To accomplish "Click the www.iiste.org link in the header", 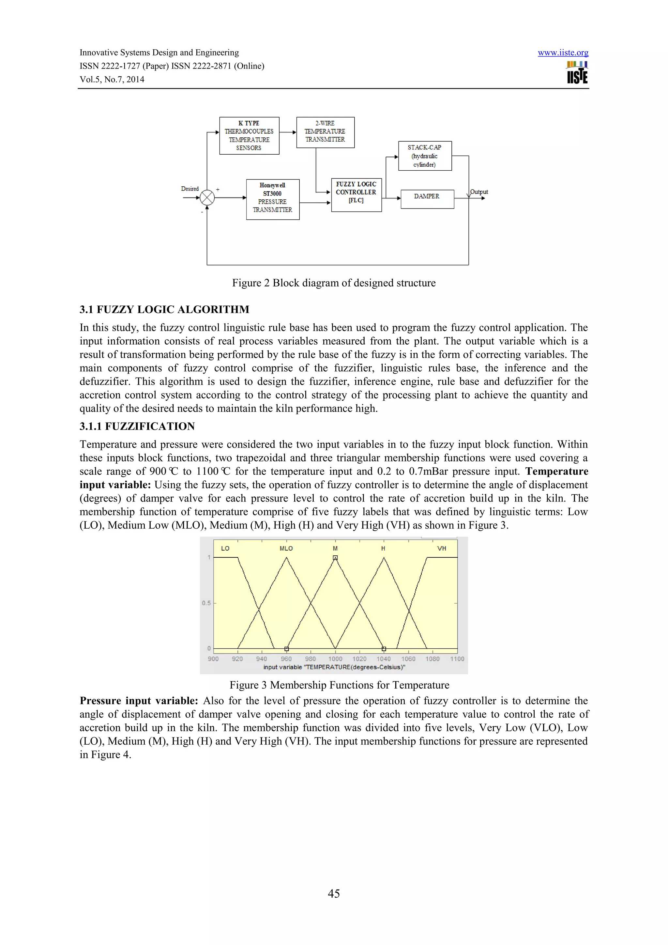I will pos(563,53).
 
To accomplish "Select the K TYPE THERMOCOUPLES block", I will pos(249,135).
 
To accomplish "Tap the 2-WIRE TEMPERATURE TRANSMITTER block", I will pos(325,132).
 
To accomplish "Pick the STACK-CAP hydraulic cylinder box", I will pos(424,156).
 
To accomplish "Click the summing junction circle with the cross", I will pos(207,197).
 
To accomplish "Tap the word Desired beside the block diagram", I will pos(190,189).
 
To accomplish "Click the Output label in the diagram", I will pos(479,192).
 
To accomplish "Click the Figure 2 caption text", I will pos(334,283).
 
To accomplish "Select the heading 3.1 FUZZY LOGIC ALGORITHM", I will pos(164,310).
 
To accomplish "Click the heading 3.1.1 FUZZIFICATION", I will pos(137,426).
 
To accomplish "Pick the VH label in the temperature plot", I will pos(441,548).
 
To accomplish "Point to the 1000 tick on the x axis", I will pos(335,659).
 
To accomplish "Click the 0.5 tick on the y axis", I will pos(206,603).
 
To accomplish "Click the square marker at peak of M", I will pos(335,558).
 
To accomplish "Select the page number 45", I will pos(334,893).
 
